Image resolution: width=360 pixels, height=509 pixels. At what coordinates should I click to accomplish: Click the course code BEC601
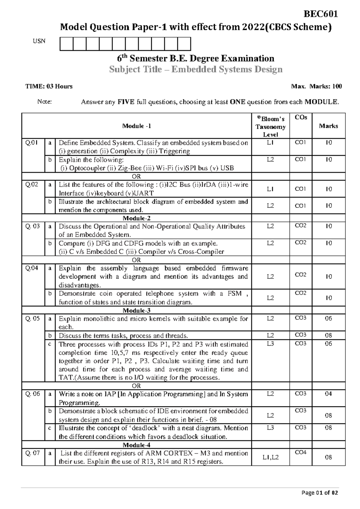click(321, 14)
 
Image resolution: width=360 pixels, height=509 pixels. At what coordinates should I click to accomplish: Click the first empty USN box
click(67, 44)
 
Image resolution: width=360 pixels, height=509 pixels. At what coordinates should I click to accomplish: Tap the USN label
click(39, 41)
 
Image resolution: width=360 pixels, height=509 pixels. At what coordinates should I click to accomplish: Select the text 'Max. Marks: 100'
click(316, 86)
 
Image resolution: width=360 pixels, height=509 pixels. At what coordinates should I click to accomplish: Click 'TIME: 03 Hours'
click(49, 86)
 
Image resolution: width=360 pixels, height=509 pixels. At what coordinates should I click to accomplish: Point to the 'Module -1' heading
click(136, 126)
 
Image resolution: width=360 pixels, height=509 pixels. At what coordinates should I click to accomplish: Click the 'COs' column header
click(301, 117)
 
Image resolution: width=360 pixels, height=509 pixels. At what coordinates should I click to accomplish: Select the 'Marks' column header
click(328, 126)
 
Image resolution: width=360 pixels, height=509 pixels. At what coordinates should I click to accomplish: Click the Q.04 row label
click(32, 268)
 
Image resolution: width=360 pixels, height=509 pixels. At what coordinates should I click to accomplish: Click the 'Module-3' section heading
click(136, 310)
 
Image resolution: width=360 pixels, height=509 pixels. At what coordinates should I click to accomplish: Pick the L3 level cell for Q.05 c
click(270, 344)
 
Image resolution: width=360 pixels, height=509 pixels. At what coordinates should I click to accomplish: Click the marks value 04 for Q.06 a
click(328, 394)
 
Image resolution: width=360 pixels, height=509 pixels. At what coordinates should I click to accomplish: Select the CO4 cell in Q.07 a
click(301, 452)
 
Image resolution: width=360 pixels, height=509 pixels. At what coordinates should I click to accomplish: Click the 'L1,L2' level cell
click(270, 457)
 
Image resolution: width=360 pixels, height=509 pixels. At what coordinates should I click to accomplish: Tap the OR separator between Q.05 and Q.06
click(136, 386)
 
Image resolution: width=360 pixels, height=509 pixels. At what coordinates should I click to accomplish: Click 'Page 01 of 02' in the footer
click(320, 492)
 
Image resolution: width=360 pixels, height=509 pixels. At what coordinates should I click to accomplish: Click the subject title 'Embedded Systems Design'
click(226, 69)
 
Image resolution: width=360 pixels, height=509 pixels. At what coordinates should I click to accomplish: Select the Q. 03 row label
click(32, 226)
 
